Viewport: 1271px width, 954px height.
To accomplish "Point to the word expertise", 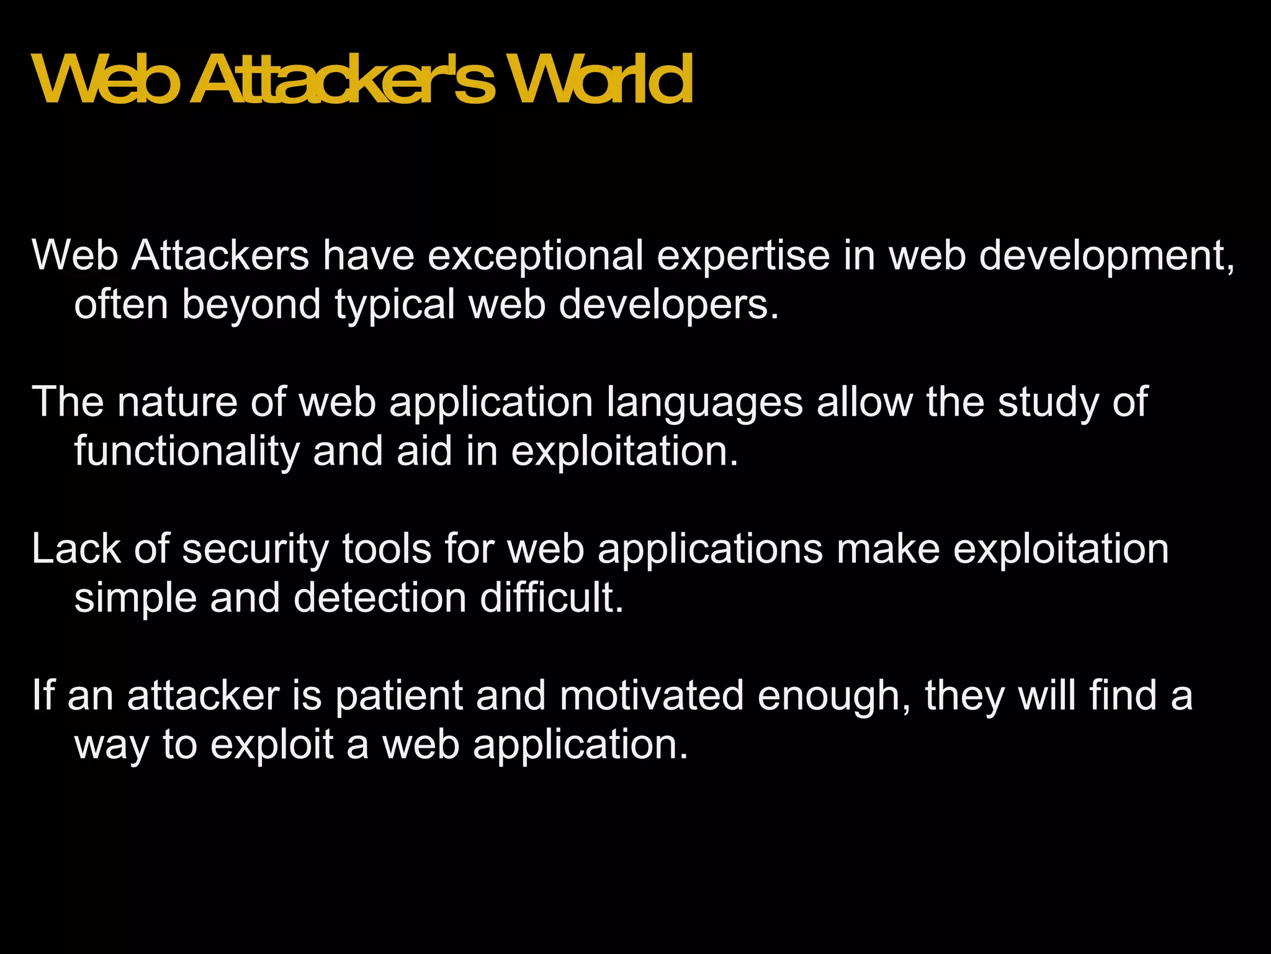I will point(743,255).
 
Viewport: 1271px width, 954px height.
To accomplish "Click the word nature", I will point(177,402).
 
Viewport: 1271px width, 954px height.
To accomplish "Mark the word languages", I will point(704,402).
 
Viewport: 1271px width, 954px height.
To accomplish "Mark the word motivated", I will point(651,695).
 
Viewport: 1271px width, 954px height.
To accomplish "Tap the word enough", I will point(833,695).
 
